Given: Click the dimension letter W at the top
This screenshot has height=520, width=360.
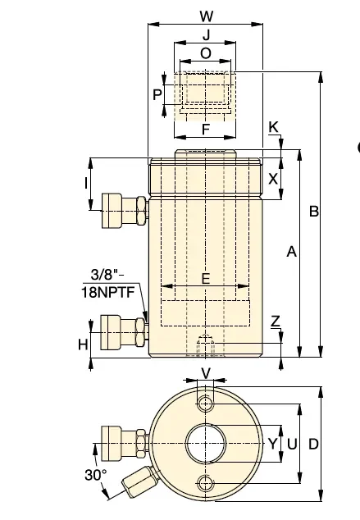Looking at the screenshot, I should (206, 15).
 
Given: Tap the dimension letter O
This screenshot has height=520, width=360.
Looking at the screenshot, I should (205, 52).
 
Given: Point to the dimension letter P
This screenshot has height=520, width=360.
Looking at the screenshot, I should (158, 94).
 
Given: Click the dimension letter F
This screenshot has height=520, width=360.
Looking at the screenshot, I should (205, 130).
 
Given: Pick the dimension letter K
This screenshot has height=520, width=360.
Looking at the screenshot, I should (273, 126).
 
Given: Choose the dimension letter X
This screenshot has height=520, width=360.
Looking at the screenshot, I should (273, 179).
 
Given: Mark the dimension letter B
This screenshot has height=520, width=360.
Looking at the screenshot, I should (313, 211).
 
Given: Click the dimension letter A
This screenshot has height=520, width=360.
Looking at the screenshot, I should (290, 253).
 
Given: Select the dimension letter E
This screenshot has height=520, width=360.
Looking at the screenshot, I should (205, 278).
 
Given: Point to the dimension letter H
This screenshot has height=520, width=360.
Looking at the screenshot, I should (83, 344).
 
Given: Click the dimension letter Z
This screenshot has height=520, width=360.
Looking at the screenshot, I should (276, 321).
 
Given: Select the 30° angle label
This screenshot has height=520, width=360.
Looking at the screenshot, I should (95, 474).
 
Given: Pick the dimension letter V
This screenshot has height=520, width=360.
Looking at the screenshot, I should (206, 373).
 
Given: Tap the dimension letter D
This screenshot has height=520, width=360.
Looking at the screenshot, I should (312, 443).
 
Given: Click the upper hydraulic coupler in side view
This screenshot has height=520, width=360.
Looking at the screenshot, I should (121, 212).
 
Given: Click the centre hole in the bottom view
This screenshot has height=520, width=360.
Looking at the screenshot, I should (205, 444).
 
